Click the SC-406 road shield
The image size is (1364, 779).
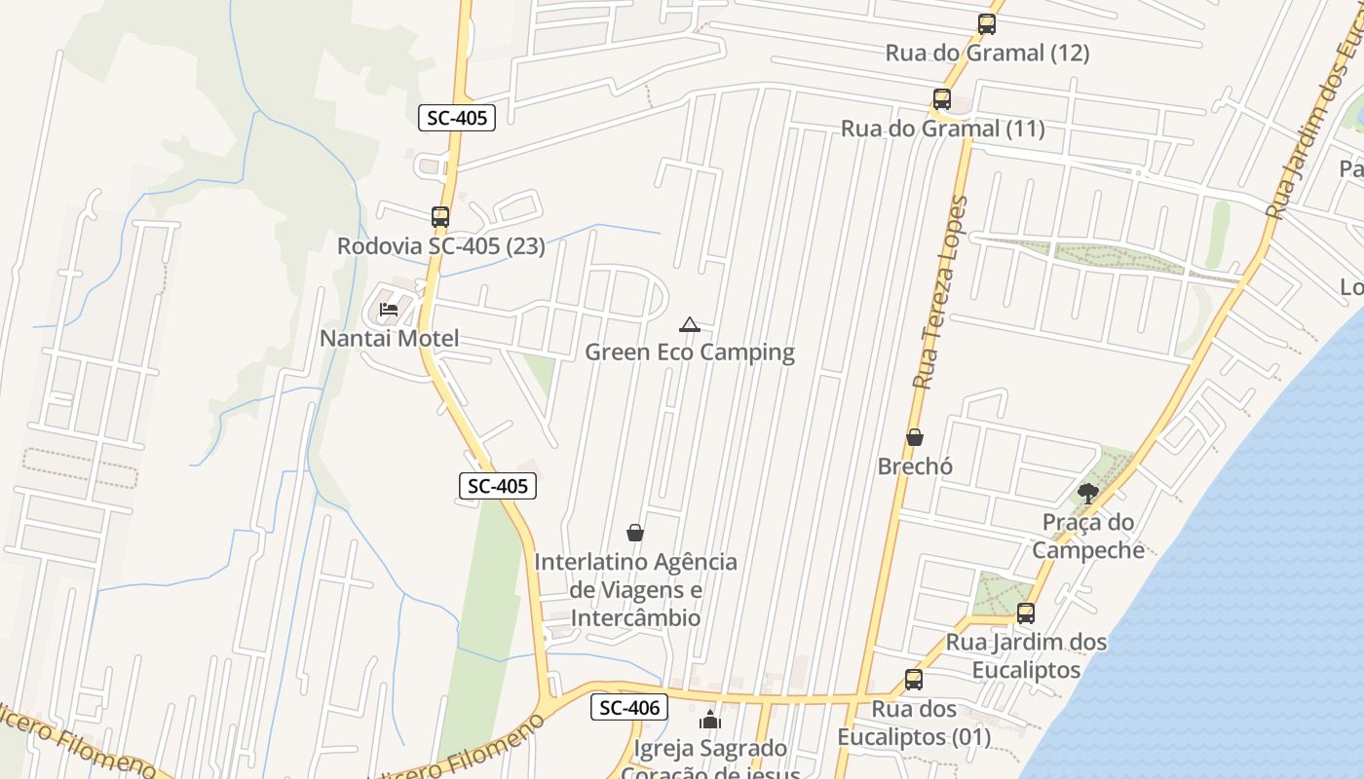point(629,708)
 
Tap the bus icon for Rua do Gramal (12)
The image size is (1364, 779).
point(987,24)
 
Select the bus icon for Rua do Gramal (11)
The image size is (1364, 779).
point(941,99)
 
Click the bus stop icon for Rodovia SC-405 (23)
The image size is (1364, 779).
point(440,216)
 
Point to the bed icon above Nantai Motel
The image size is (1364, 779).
point(389,310)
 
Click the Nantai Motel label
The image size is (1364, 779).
point(389,339)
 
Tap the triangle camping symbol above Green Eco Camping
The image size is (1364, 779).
point(690,324)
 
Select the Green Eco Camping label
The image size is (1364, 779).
point(690,352)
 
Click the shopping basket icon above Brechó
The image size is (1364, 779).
point(915,437)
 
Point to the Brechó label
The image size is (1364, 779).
point(915,466)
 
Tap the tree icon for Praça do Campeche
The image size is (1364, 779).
point(1088,494)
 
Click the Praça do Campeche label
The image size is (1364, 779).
point(1088,537)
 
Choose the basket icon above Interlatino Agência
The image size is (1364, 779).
point(635,533)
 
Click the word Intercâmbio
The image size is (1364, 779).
point(635,617)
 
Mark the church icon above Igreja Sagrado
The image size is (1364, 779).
point(710,721)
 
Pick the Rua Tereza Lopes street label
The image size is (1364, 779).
point(941,292)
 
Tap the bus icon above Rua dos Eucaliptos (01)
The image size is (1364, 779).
point(913,680)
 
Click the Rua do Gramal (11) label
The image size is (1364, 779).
point(942,129)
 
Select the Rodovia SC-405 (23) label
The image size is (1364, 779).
point(440,246)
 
